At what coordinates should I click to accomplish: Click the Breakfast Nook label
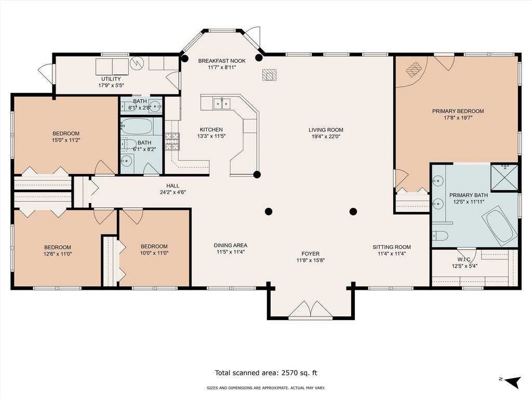[x=221, y=61]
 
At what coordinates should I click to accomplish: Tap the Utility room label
[x=111, y=79]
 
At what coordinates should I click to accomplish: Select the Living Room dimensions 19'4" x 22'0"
[x=326, y=137]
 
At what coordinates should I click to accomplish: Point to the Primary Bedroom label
[x=458, y=111]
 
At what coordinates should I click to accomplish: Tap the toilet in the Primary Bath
[x=440, y=235]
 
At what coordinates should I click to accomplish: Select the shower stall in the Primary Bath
[x=504, y=177]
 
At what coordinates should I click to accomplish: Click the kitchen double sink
[x=222, y=103]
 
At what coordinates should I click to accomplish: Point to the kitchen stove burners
[x=172, y=141]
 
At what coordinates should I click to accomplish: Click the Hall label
[x=172, y=186]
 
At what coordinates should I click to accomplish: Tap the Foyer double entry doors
[x=311, y=310]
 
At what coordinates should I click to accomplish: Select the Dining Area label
[x=230, y=245]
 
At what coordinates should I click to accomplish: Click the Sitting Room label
[x=392, y=247]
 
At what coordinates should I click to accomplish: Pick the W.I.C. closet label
[x=464, y=260]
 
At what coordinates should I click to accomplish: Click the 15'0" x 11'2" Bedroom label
[x=66, y=137]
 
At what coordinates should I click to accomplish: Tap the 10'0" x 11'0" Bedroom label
[x=154, y=249]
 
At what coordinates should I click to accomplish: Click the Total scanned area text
[x=266, y=373]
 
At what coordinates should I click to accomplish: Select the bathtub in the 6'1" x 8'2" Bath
[x=137, y=126]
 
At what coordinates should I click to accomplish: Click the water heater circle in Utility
[x=137, y=63]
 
